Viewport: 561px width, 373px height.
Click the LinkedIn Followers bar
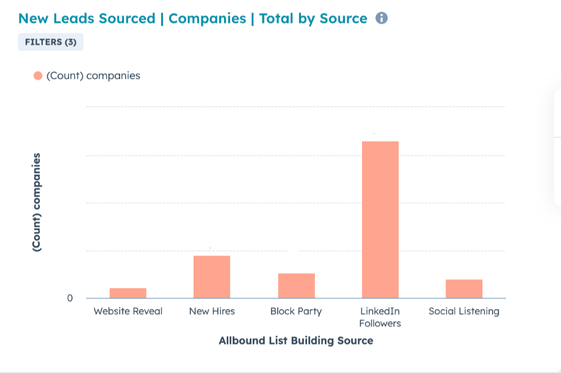point(380,220)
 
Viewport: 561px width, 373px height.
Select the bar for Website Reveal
point(128,293)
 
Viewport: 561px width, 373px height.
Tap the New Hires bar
point(211,276)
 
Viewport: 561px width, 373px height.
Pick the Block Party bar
point(296,286)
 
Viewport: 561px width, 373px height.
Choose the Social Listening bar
point(464,289)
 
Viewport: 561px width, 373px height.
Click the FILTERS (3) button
point(51,42)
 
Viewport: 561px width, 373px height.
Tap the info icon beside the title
point(382,18)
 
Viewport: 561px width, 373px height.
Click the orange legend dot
point(38,76)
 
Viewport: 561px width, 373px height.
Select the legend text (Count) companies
point(93,76)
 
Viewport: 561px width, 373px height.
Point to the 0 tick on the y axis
point(70,298)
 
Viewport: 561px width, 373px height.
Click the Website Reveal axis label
point(128,311)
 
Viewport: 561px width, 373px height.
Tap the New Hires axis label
point(211,311)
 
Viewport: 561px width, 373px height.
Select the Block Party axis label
point(296,311)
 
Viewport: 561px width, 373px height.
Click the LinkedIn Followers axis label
point(380,317)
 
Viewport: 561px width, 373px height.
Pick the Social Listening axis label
point(464,311)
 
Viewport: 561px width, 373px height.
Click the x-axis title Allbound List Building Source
point(295,341)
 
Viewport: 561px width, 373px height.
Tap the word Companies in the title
point(207,18)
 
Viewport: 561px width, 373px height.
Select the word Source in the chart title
point(343,18)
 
